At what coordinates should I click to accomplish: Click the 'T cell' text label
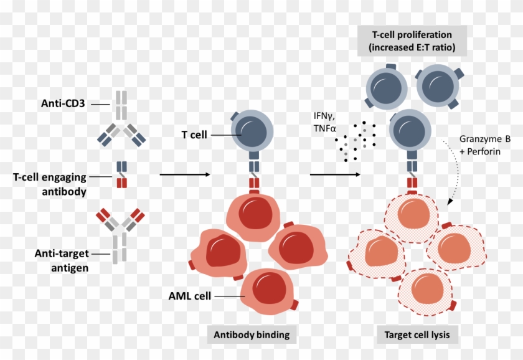[194, 135]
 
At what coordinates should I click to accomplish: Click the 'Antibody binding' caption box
[252, 334]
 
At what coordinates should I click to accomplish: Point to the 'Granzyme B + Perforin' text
[484, 145]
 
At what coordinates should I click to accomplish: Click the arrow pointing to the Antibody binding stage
[184, 174]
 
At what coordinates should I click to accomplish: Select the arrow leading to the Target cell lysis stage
[335, 174]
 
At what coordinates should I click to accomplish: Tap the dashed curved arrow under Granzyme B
[460, 174]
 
